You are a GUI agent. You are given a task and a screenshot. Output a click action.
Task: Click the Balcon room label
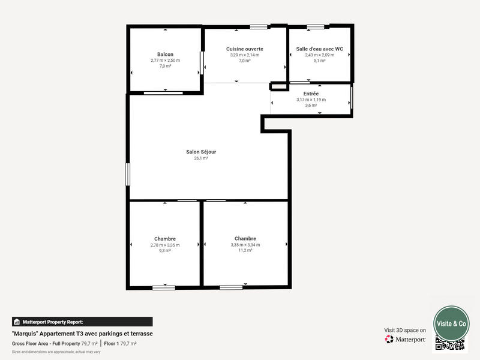[x=165, y=54]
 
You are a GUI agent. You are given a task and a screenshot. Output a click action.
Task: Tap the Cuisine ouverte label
[x=244, y=49]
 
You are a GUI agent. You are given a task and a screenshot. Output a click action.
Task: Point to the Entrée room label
[x=311, y=94]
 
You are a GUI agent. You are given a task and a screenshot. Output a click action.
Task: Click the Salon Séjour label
[x=201, y=152]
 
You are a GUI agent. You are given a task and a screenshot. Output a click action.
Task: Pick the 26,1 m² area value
[x=201, y=158]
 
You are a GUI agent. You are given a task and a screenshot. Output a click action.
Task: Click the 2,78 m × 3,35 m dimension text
[x=165, y=245]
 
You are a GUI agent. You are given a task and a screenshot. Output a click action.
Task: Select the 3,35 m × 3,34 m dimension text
[x=245, y=245]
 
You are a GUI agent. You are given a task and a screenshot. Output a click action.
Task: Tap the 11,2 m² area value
[x=245, y=250]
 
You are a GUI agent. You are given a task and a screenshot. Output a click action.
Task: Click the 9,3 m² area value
[x=165, y=250]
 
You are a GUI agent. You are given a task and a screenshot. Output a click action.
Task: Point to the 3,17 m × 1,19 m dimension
[x=311, y=100]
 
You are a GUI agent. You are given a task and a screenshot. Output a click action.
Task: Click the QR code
[x=450, y=344]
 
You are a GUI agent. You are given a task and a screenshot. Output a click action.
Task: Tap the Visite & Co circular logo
[x=451, y=323]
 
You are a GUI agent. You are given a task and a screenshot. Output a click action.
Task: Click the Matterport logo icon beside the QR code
[x=389, y=340]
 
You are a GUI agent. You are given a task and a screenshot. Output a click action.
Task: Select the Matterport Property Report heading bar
[x=82, y=322]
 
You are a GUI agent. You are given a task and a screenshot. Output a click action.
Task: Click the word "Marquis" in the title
[x=25, y=333]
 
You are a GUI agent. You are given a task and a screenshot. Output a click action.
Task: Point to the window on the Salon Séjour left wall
[x=127, y=175]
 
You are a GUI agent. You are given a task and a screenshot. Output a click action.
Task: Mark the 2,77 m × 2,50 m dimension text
[x=165, y=60]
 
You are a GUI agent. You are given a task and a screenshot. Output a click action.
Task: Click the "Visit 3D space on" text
[x=405, y=330]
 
